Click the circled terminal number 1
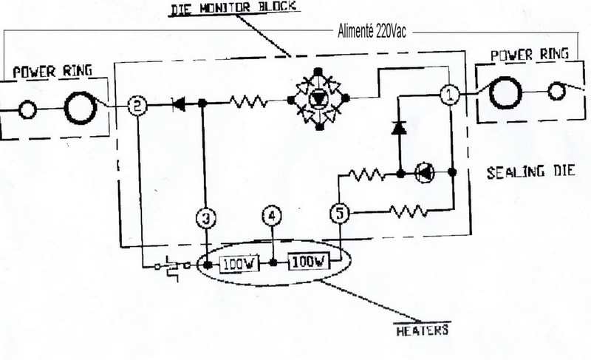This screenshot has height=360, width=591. (450, 95)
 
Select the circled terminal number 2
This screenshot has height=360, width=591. (136, 106)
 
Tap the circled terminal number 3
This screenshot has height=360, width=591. (207, 217)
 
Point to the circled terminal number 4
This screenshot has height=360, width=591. (273, 217)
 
